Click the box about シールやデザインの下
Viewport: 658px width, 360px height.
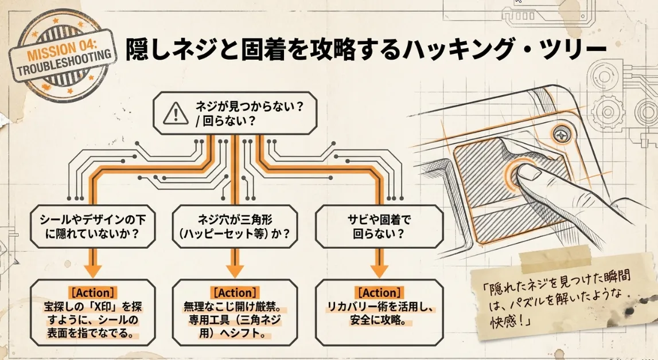coord(91,226)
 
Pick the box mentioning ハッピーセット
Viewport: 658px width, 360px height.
coord(235,226)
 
